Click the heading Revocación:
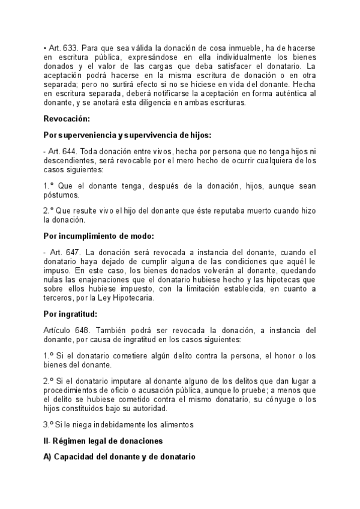67,119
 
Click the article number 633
70,47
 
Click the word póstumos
61,195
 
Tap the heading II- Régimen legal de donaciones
103,441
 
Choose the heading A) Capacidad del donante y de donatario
119,457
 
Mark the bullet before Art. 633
46,47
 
